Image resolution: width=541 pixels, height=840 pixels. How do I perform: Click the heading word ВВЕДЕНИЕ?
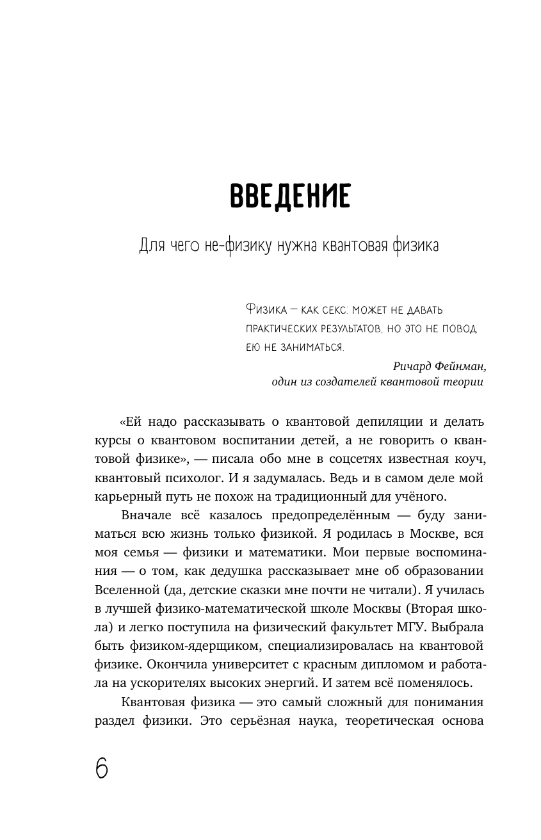point(289,196)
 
